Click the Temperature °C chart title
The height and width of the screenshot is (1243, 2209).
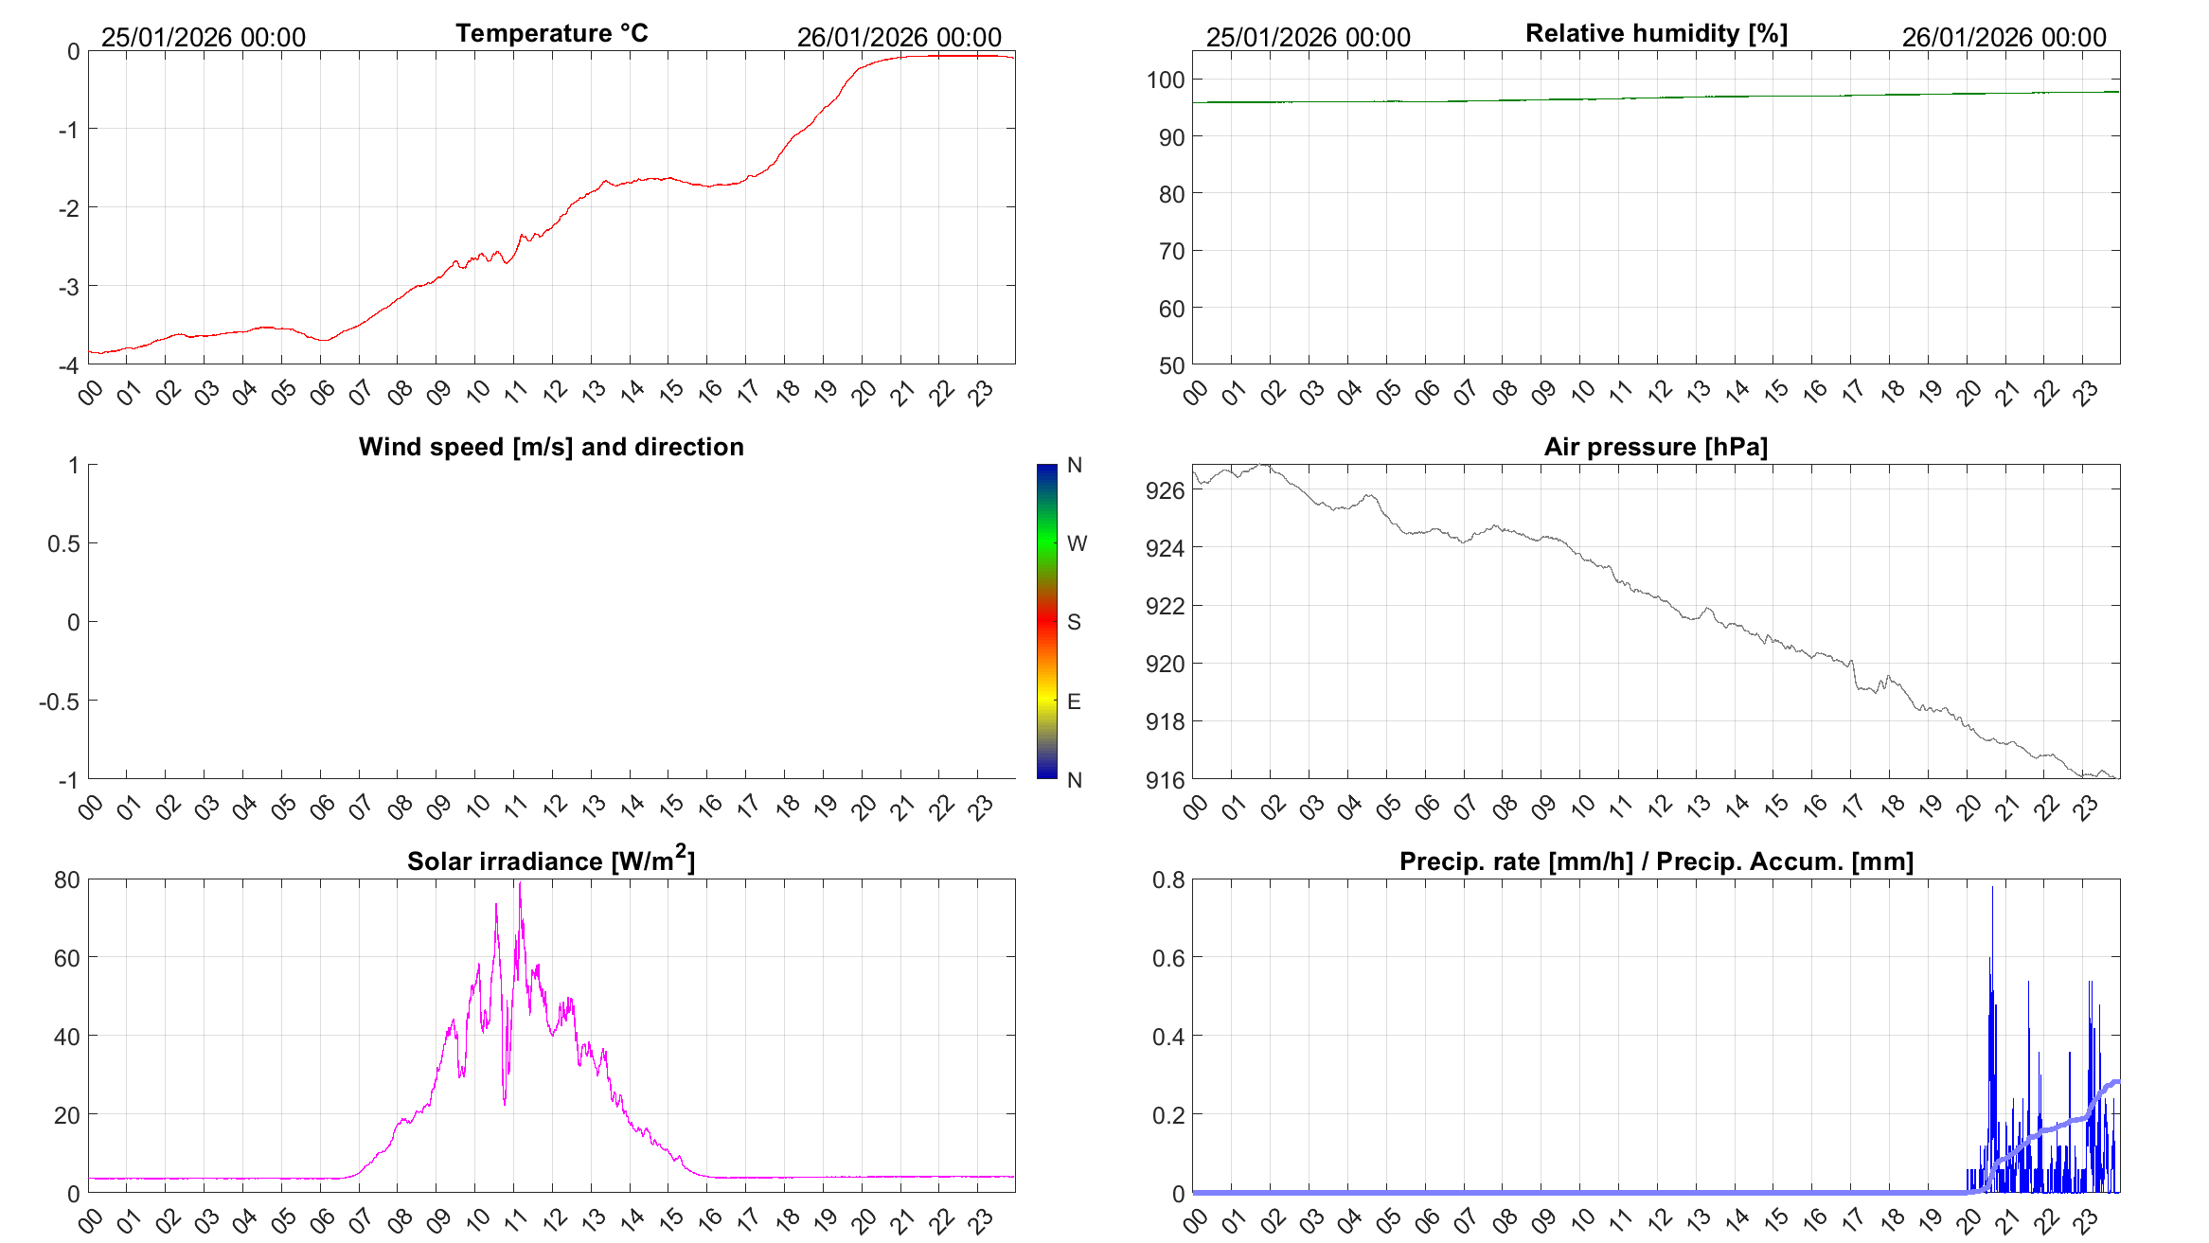point(551,33)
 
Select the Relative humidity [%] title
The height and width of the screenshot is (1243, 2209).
point(1656,33)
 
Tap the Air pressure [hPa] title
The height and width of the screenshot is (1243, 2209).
point(1655,447)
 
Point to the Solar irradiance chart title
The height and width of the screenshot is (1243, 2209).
point(551,861)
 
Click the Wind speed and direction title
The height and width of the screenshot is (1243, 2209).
point(551,447)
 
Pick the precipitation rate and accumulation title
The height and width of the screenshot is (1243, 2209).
point(1656,861)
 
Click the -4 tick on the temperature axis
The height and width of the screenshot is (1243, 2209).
point(68,365)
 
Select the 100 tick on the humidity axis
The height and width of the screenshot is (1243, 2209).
point(1166,80)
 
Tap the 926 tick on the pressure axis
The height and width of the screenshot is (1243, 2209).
point(1165,490)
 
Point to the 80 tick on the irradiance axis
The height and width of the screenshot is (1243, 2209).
point(67,879)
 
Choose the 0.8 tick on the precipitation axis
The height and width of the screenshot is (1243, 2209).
point(1168,879)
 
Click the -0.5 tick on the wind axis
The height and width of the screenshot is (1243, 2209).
point(59,701)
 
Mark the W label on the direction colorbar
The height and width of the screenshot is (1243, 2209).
point(1077,543)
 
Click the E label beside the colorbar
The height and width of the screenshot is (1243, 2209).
point(1074,701)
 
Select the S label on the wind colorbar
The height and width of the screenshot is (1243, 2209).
point(1074,622)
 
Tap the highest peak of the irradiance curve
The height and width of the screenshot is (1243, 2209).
point(520,884)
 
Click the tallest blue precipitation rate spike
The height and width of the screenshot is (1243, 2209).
point(1992,888)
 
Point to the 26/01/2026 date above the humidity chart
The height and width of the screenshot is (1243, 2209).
point(2004,37)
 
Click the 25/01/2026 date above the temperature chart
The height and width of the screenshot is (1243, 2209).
point(204,37)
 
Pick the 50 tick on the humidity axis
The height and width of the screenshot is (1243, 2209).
point(1171,365)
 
